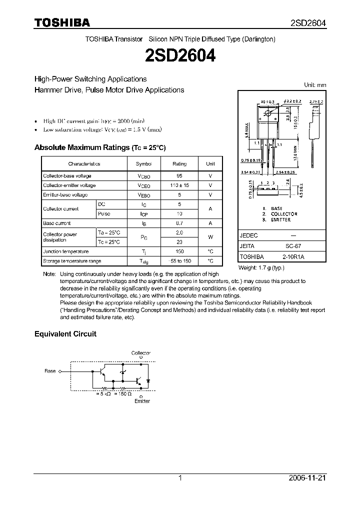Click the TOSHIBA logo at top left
[x=62, y=22]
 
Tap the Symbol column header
[x=143, y=163]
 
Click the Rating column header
[x=179, y=163]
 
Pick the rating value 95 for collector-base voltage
[x=179, y=176]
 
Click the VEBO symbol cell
[x=143, y=195]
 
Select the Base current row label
[x=57, y=223]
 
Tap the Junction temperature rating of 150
[x=179, y=251]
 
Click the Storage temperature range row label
[x=72, y=261]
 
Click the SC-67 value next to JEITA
[x=307, y=246]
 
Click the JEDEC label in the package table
[x=249, y=235]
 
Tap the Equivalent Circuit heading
[x=65, y=333]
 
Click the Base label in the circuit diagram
[x=50, y=371]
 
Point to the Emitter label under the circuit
[x=142, y=401]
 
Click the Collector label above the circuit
[x=140, y=353]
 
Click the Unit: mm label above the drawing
[x=315, y=85]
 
